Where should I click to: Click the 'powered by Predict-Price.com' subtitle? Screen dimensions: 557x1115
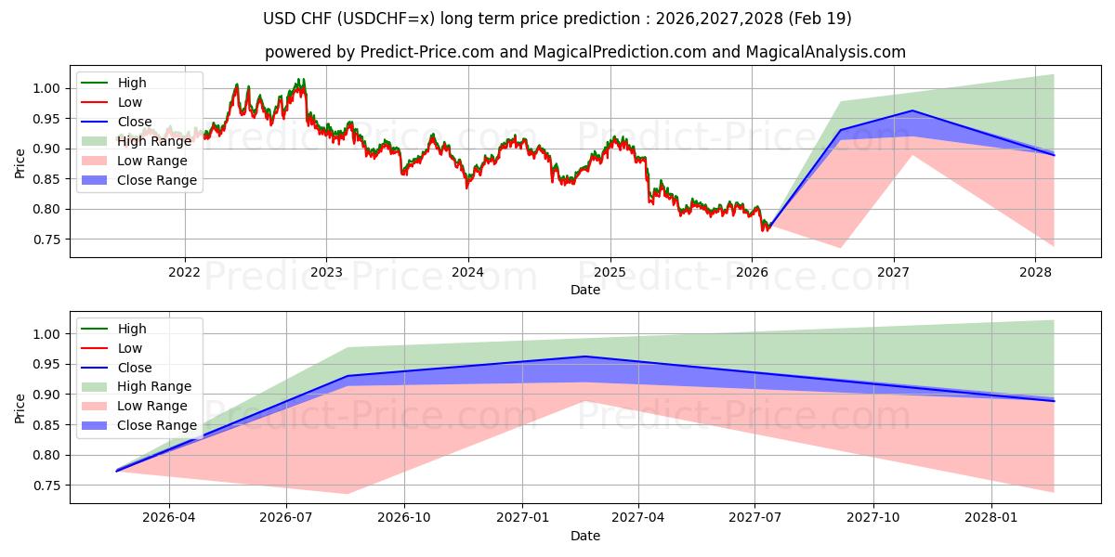point(585,52)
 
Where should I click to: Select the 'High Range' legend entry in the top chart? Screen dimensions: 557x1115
point(154,141)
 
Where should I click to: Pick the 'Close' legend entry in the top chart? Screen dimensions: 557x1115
point(135,122)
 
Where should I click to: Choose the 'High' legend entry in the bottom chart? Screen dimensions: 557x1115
point(132,329)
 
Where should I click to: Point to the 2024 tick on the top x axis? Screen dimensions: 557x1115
point(468,272)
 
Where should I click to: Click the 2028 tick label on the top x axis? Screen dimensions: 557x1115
point(1036,272)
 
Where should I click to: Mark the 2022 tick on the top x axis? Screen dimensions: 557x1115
point(184,272)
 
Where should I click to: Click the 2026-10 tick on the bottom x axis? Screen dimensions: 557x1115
point(406,518)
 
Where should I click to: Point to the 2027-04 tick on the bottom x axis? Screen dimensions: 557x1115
point(638,518)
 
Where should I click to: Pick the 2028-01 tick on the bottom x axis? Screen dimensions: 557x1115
point(992,518)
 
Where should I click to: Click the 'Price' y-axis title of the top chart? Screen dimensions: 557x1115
point(20,163)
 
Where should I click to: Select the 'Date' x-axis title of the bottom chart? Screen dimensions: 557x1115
point(585,536)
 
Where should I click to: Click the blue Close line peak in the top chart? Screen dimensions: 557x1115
point(912,110)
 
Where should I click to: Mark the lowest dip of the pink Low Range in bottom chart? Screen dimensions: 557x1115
point(347,493)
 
